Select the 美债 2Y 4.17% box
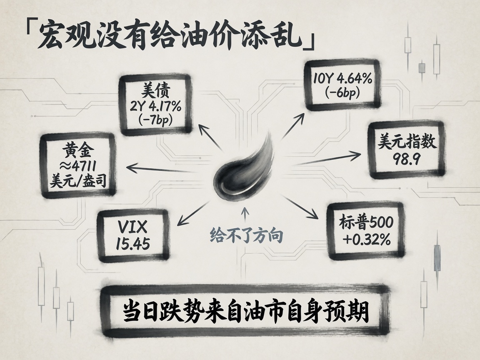155,105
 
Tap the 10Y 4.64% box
342,85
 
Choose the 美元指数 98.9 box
406,150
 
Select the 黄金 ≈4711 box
78,165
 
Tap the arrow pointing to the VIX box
193,213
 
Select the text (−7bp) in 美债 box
155,120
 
